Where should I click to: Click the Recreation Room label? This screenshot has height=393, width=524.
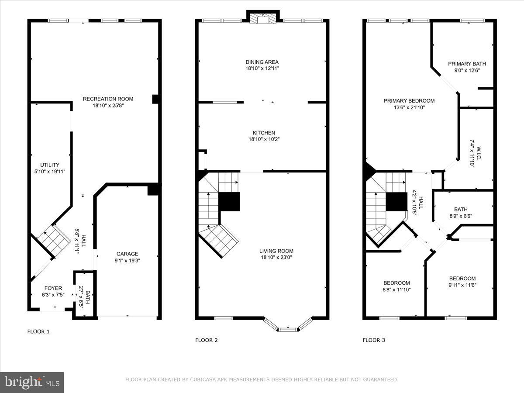[x=108, y=99]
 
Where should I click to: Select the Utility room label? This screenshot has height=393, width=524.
[x=50, y=165]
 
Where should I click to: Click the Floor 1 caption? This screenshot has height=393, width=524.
[x=38, y=331]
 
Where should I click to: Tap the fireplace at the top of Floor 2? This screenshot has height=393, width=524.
[x=263, y=19]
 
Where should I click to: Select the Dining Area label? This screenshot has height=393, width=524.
[x=262, y=62]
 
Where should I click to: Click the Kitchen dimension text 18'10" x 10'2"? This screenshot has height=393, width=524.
[x=264, y=139]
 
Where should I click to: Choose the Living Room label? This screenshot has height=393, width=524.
[x=276, y=251]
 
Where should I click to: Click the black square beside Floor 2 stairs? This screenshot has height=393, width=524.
[x=229, y=202]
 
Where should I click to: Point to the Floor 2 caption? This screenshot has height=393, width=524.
[x=206, y=340]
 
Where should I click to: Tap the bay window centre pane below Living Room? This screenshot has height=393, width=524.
[x=287, y=329]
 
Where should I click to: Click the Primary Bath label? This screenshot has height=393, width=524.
[x=467, y=64]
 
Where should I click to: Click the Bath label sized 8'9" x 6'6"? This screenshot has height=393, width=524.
[x=460, y=209]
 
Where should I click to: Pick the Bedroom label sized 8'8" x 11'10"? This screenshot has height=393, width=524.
[x=396, y=283]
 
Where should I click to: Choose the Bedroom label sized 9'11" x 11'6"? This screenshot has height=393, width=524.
[x=462, y=279]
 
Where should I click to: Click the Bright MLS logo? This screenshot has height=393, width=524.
[x=32, y=382]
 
